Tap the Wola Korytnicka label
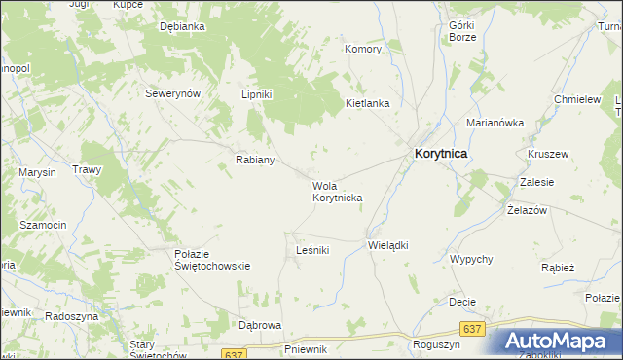[337, 192]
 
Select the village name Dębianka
[182, 27]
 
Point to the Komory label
[363, 48]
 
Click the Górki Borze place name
[461, 31]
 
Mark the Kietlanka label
[368, 102]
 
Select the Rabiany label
[255, 160]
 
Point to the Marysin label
[37, 172]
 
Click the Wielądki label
[386, 245]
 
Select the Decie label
[461, 302]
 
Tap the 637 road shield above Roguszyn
[472, 330]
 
